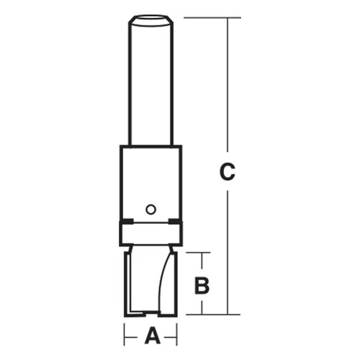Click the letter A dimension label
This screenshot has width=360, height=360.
(151, 335)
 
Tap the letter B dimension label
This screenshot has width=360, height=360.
(202, 285)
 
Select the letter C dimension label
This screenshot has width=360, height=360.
(227, 172)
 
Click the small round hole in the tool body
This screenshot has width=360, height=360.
(150, 209)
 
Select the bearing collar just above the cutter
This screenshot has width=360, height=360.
(150, 234)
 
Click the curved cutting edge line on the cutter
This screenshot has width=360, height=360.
(163, 281)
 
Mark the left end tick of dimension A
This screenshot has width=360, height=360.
(125, 334)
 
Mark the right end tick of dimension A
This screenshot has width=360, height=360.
(177, 334)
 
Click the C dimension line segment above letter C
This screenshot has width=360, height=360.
(228, 86)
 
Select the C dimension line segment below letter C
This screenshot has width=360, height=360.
(228, 252)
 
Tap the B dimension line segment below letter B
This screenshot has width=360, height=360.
(202, 306)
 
